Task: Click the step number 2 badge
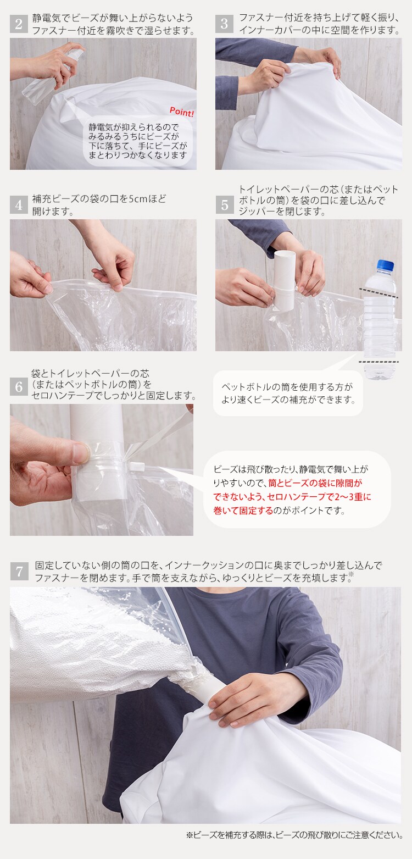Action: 19,24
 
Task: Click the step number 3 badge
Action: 224,24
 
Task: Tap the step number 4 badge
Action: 19,205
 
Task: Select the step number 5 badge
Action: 224,205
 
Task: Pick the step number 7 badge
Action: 19,572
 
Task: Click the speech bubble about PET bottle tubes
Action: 287,393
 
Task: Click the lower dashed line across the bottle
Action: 379,362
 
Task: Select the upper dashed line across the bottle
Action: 379,290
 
